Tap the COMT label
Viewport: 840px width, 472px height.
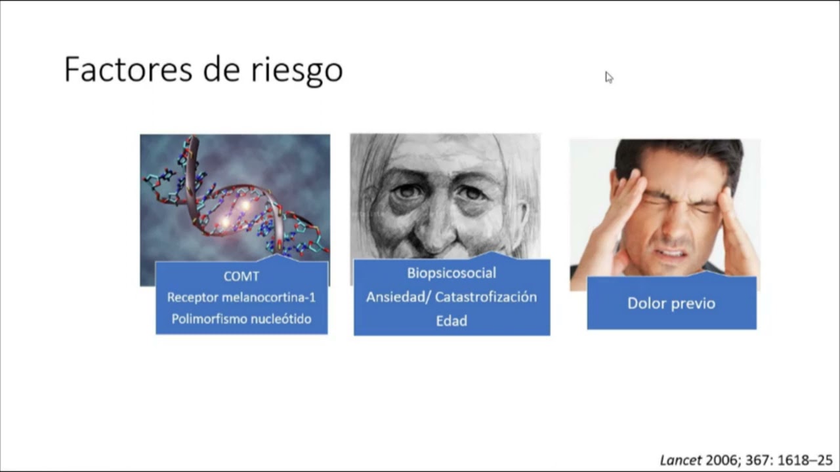pos(241,276)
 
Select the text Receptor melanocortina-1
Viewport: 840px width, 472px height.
pos(241,297)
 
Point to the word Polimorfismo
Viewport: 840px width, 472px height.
pos(209,319)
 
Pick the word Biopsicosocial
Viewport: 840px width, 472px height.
pos(451,273)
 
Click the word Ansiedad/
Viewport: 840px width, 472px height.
pos(398,297)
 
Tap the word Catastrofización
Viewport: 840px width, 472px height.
pos(486,297)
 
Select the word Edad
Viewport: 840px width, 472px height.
pos(451,321)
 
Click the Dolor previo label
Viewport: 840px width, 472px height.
pos(671,304)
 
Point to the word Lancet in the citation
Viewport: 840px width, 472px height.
pos(681,460)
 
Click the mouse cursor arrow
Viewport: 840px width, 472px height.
pos(608,77)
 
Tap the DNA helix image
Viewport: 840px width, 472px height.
pos(234,197)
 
